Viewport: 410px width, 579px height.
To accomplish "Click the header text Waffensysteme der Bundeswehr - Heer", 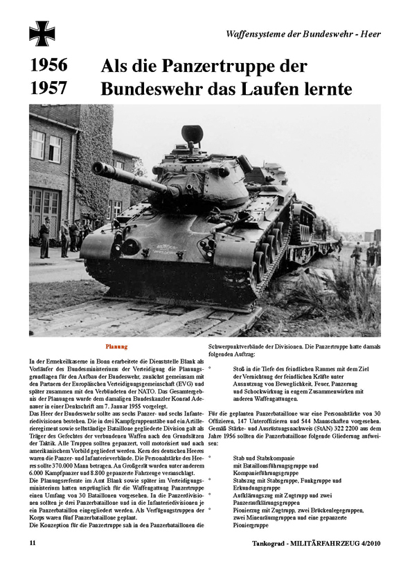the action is (303, 34).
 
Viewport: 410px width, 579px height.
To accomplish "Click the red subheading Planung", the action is (116, 346).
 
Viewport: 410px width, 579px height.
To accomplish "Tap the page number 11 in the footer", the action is (33, 563).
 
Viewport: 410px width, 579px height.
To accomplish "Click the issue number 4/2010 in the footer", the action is (365, 563).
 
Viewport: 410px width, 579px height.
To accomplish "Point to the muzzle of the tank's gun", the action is (97, 167).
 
